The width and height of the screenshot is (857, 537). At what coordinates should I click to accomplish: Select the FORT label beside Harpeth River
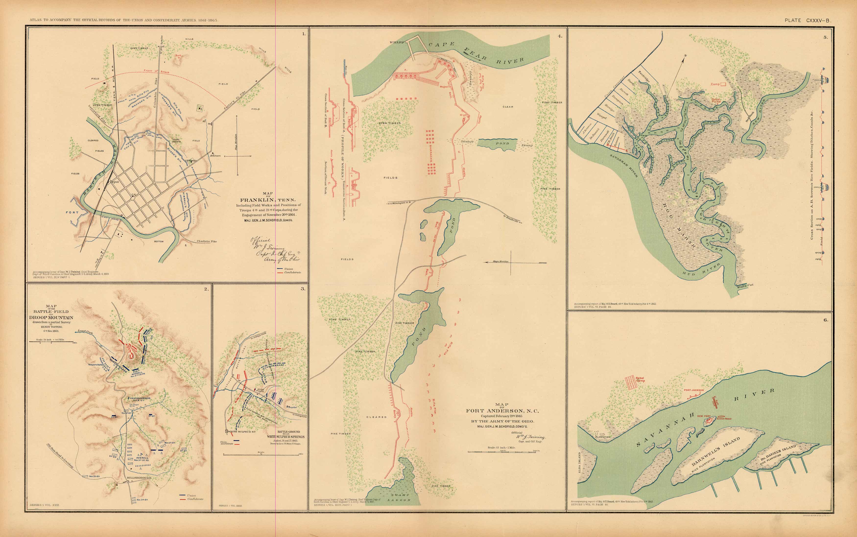[x=72, y=212]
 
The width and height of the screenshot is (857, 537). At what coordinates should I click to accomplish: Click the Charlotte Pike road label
[x=207, y=241]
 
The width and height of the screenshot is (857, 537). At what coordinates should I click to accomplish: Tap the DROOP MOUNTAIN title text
[x=51, y=318]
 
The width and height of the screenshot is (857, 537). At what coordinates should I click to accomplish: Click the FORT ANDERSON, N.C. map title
[x=502, y=411]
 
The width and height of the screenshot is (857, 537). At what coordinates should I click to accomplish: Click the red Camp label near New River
[x=715, y=84]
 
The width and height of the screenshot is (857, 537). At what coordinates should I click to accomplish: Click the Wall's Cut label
[x=745, y=285]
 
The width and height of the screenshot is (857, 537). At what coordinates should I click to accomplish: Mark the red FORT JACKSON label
[x=694, y=390]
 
